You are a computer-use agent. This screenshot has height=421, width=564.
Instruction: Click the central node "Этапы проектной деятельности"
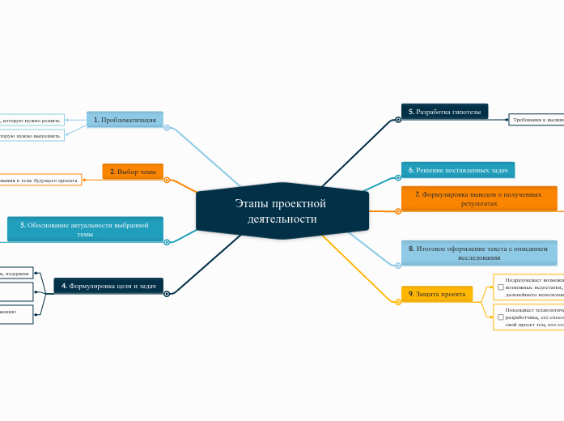(281, 211)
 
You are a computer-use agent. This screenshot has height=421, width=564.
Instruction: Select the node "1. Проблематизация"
(125, 120)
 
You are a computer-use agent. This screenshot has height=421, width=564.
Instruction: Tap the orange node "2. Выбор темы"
(133, 172)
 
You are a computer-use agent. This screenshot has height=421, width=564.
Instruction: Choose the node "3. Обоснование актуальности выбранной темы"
(85, 229)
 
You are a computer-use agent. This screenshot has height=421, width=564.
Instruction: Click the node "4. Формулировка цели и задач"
(108, 286)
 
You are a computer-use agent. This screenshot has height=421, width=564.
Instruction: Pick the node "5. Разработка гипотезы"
(444, 112)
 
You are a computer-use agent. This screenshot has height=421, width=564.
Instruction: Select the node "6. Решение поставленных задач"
(457, 170)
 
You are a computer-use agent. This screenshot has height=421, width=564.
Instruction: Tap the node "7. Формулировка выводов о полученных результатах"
(479, 198)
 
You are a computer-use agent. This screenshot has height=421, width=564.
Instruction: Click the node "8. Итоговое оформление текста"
(479, 253)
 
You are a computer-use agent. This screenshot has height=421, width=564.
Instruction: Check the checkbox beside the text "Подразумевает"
(501, 287)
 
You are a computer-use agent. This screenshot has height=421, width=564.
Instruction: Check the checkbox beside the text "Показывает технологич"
(501, 317)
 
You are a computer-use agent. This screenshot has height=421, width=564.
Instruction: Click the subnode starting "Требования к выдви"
(536, 120)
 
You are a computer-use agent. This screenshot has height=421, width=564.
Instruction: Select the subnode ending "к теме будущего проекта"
(40, 179)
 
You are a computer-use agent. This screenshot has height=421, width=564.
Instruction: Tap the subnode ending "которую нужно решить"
(32, 120)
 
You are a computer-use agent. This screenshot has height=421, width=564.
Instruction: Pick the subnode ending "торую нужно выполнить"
(32, 135)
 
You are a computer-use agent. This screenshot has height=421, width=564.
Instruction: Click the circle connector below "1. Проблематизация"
(167, 128)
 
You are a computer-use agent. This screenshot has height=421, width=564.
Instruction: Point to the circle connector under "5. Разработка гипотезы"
(398, 120)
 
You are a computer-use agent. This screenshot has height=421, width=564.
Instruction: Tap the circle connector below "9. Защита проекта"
(398, 302)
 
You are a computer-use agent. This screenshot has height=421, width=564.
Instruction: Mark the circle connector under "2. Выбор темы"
(167, 180)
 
